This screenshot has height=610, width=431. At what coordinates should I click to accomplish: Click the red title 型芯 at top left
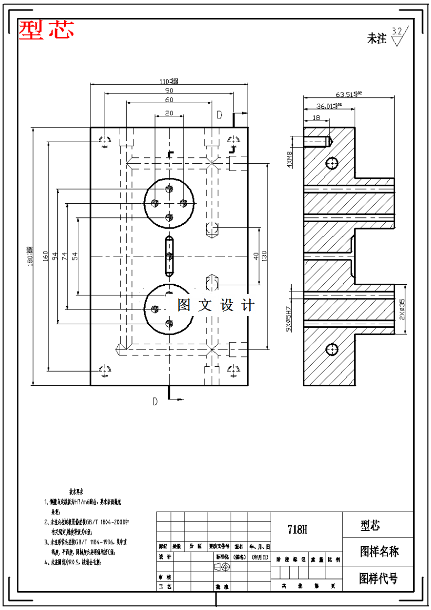(46, 30)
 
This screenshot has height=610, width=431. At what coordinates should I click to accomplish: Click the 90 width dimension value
(169, 91)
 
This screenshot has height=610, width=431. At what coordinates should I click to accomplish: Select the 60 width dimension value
(169, 100)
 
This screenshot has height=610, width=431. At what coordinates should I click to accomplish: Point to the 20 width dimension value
(169, 113)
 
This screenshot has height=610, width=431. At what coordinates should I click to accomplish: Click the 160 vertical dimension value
(46, 256)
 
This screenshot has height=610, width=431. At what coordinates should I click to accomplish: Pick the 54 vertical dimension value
(75, 256)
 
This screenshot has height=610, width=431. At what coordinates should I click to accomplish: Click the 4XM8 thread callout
(289, 159)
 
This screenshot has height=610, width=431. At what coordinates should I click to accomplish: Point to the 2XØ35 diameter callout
(402, 309)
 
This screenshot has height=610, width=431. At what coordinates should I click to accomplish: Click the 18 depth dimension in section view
(316, 118)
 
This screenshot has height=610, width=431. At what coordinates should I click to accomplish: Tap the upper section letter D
(220, 115)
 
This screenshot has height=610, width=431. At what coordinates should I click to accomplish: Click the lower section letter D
(155, 402)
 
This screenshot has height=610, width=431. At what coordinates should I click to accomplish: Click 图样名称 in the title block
(378, 552)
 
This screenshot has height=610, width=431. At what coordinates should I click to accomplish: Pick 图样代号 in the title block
(378, 578)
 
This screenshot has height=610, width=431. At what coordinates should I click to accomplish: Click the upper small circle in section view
(332, 163)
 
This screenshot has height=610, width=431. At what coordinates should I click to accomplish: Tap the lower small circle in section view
(332, 349)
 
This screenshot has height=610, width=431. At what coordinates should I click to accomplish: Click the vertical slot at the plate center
(169, 256)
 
